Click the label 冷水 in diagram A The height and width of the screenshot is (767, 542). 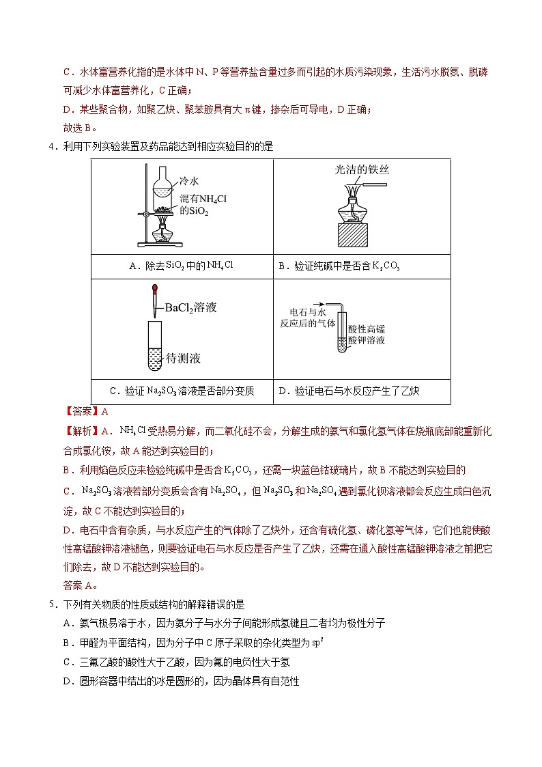tap(189, 181)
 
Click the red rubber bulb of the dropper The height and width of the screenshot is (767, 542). tap(156, 292)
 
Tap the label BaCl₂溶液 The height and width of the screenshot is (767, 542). tap(190, 308)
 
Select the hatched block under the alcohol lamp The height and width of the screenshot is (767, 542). tap(361, 235)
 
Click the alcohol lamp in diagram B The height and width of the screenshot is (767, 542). tap(361, 208)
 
